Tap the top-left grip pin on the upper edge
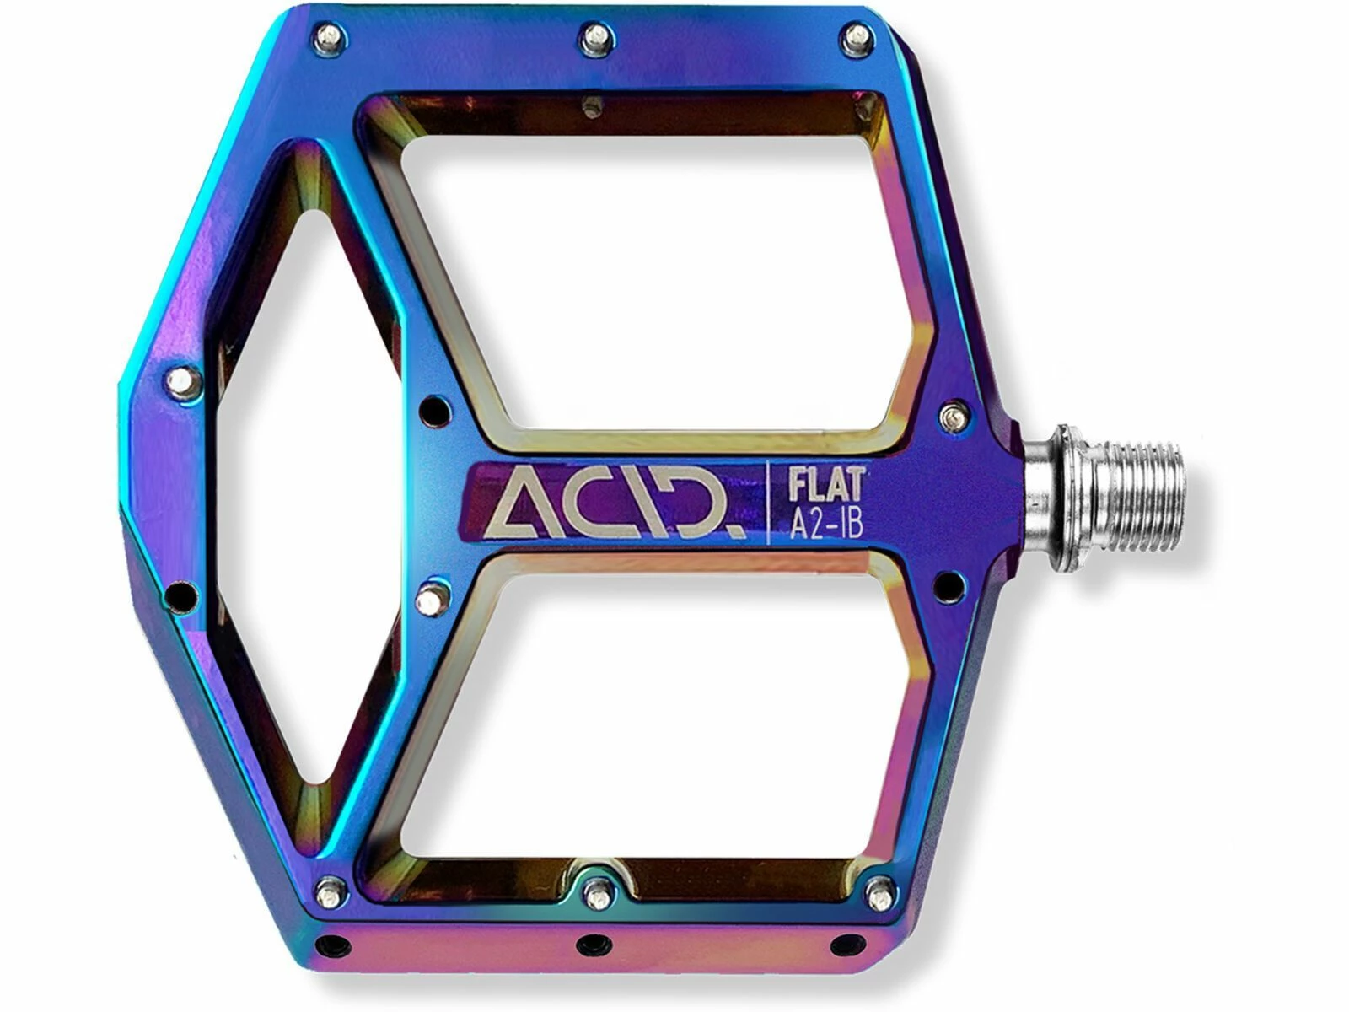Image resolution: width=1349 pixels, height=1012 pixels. tap(331, 36)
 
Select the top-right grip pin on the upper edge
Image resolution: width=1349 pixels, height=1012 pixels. tap(857, 35)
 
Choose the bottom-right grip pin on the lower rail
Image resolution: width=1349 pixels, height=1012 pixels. tap(880, 889)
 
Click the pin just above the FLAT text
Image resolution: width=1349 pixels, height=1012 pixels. tap(954, 415)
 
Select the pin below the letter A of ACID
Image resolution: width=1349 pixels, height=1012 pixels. tap(432, 599)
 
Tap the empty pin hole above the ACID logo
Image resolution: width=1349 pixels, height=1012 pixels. tap(434, 410)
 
